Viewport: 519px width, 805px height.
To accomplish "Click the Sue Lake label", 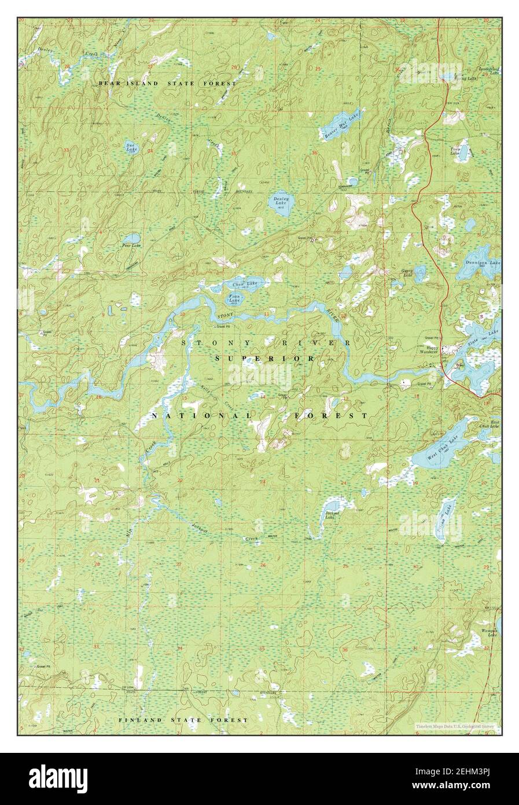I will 132,148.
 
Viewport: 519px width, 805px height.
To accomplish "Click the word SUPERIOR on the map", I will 265,359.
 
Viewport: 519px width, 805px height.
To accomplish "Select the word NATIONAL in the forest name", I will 201,416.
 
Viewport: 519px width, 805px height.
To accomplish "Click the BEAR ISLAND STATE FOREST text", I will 167,83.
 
